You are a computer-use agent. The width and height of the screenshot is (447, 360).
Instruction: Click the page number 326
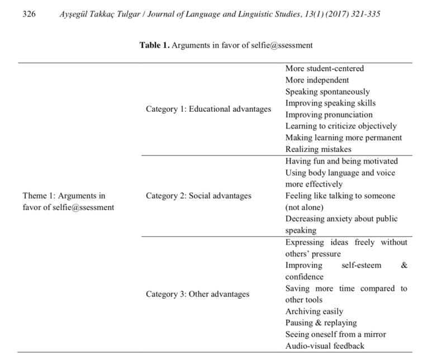pos(28,15)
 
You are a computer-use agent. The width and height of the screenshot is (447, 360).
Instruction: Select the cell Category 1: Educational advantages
pos(208,108)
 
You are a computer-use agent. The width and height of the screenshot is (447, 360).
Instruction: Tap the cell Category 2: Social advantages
pos(198,196)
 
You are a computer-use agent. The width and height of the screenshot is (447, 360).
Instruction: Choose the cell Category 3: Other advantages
pos(197,293)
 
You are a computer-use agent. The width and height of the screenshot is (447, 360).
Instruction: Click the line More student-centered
pos(325,69)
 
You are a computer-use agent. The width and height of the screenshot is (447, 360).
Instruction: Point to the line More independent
pos(317,80)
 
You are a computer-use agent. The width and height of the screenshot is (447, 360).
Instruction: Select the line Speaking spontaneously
pos(327,92)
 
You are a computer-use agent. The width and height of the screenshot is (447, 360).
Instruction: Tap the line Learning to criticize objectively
pos(341,126)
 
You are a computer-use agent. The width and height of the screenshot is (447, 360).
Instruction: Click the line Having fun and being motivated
pos(341,161)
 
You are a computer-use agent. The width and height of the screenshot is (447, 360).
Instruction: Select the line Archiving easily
pos(314,311)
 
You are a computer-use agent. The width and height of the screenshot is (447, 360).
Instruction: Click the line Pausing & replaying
pos(321,323)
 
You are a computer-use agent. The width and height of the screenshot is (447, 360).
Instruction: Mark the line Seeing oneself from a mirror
pos(335,334)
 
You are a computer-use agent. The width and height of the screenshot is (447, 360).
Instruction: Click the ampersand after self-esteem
pos(405,265)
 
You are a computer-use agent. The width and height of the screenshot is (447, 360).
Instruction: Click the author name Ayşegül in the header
pos(75,15)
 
